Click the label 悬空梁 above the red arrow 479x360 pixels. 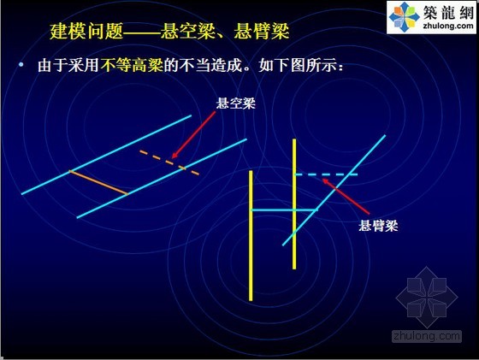(235, 103)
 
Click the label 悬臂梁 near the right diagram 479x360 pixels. (378, 226)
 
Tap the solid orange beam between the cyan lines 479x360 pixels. (98, 182)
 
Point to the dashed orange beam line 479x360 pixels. (169, 162)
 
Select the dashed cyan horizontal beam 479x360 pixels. (326, 174)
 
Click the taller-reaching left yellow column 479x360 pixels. (251, 235)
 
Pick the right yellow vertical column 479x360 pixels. (294, 204)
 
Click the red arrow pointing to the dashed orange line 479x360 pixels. (193, 134)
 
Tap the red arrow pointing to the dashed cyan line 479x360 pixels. (346, 197)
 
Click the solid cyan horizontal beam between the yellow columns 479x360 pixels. (284, 210)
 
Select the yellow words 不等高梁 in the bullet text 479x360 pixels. (132, 65)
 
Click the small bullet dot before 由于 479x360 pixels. (21, 64)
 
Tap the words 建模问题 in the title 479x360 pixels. (86, 31)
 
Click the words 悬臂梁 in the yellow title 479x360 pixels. (262, 31)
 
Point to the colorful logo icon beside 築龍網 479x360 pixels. (404, 16)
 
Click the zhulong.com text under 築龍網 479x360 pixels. (448, 26)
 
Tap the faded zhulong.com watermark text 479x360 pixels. (427, 336)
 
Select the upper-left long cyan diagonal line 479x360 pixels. (106, 155)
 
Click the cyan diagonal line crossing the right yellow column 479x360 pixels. (334, 190)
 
